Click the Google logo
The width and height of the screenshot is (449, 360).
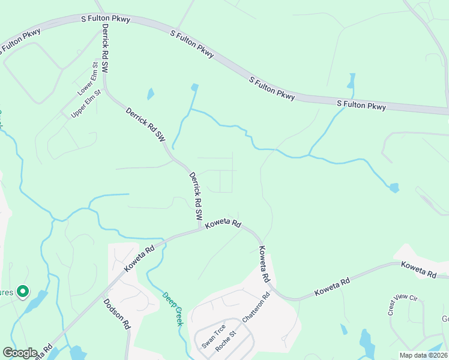click(x=20, y=353)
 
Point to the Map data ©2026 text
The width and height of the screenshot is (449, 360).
click(x=423, y=355)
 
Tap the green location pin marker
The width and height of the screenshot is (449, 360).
click(x=23, y=292)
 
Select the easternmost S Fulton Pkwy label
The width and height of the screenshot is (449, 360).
click(x=361, y=106)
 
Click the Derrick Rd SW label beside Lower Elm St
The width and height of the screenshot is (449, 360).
click(x=106, y=49)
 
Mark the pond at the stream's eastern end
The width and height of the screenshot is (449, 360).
click(x=394, y=188)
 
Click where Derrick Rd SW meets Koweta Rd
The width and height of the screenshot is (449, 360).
click(x=200, y=229)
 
